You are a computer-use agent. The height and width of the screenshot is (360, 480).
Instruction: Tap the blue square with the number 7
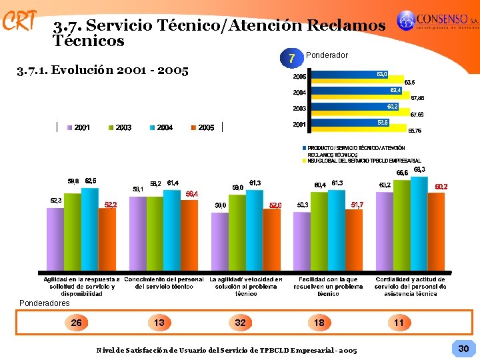292,58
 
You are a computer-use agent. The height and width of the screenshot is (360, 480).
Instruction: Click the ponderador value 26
77,323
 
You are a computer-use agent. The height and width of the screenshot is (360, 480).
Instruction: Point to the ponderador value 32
240,323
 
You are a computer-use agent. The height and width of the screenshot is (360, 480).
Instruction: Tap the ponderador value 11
399,323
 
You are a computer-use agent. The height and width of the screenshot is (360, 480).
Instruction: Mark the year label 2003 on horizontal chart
298,108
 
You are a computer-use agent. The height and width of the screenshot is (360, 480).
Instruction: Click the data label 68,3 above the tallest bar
419,170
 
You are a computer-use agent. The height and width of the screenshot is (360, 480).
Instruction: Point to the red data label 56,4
191,193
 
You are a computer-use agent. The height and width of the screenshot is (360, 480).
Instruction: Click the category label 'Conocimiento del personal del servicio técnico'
164,283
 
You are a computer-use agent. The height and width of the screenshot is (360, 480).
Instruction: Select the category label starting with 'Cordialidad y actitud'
411,286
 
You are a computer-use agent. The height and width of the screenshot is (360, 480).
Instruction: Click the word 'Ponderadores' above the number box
45,303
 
